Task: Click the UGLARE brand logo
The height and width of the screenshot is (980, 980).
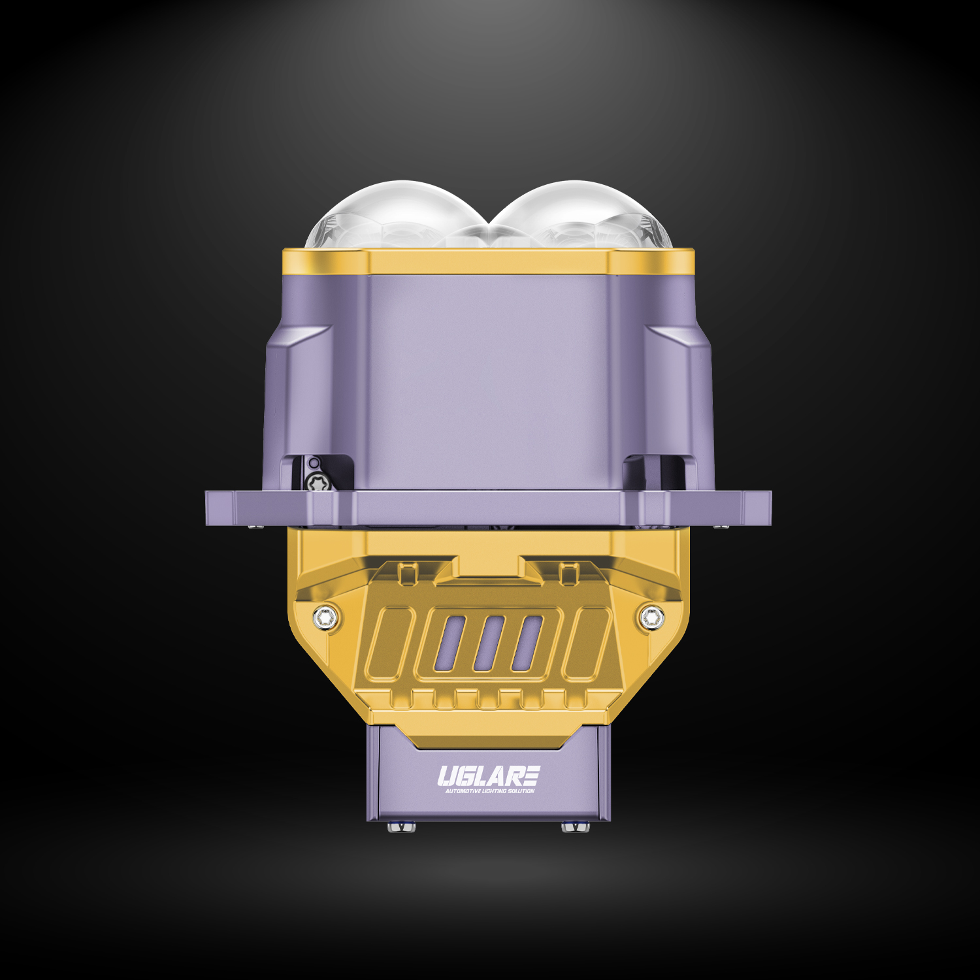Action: pyautogui.click(x=488, y=776)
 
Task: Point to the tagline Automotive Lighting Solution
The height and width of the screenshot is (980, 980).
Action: pyautogui.click(x=490, y=791)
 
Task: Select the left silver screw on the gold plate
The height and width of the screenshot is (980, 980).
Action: pyautogui.click(x=325, y=616)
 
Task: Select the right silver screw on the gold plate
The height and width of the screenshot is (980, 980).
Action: pyautogui.click(x=651, y=615)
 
